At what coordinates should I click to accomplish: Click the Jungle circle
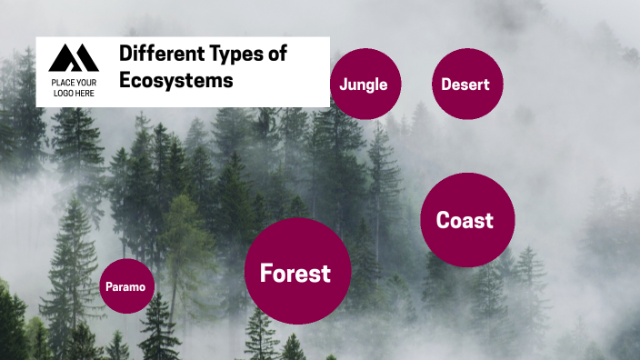click(365, 84)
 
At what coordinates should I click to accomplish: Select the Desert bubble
click(466, 84)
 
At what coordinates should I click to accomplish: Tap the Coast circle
click(467, 220)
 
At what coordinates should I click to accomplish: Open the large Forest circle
click(297, 272)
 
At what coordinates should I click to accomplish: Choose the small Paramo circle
click(126, 286)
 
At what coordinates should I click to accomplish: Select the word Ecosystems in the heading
click(176, 80)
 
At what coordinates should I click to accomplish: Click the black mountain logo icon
click(74, 58)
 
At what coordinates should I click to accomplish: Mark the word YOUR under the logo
click(86, 83)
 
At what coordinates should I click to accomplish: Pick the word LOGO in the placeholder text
click(64, 94)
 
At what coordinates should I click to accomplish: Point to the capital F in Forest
click(265, 273)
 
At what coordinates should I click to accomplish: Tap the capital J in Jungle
click(343, 84)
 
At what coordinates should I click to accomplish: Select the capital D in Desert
click(446, 84)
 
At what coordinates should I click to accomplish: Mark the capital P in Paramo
click(109, 286)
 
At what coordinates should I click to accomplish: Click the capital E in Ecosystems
click(125, 80)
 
